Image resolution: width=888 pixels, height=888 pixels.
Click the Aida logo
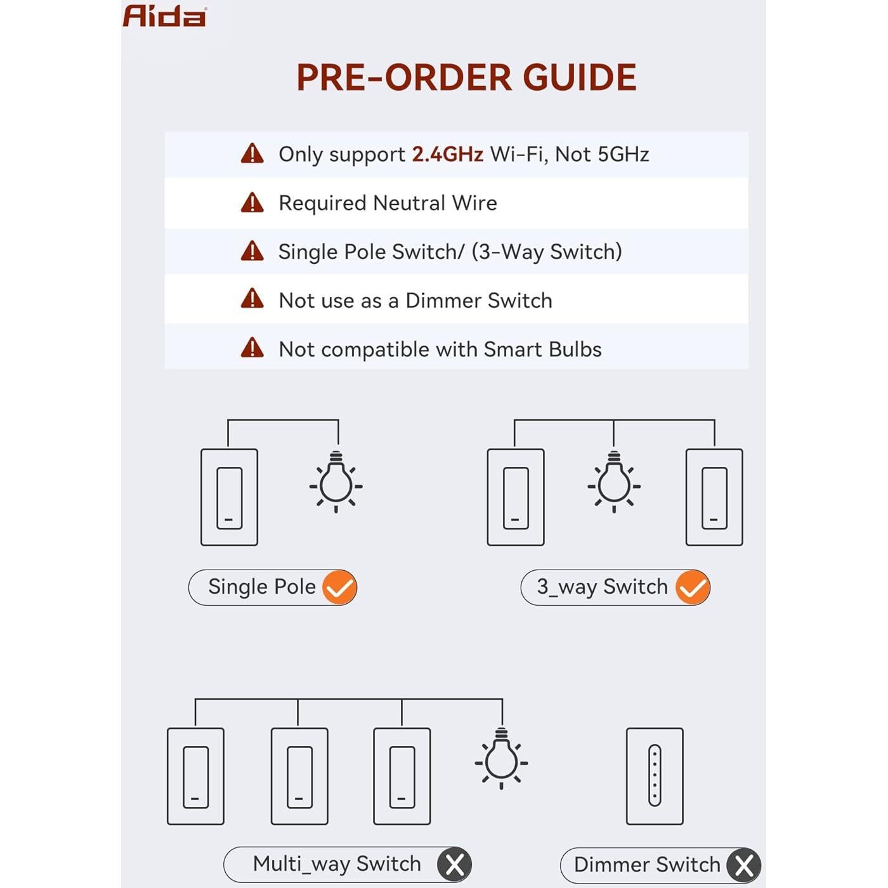click(164, 16)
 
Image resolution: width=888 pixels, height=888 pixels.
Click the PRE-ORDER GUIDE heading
click(466, 77)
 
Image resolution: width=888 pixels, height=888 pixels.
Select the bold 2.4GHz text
click(447, 154)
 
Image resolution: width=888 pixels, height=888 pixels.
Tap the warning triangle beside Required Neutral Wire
click(252, 203)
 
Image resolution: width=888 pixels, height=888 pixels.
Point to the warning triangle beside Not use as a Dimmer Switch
click(252, 299)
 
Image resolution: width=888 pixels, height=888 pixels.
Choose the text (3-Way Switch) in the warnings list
click(547, 252)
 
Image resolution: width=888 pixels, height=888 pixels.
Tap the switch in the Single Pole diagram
click(229, 497)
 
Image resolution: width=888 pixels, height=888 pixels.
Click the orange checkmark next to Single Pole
click(339, 587)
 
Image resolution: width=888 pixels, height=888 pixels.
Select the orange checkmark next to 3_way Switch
click(692, 587)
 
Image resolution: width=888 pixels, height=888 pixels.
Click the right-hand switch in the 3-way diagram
click(714, 497)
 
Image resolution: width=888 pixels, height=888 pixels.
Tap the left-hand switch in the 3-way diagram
click(515, 497)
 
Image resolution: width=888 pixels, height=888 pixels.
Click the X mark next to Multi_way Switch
click(454, 864)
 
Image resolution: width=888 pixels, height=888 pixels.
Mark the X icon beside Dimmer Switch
click(743, 865)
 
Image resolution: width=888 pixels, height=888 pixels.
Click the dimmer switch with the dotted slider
click(655, 776)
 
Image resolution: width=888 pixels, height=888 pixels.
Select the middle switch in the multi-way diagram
click(299, 776)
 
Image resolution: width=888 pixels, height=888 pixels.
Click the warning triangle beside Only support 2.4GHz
click(252, 154)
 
